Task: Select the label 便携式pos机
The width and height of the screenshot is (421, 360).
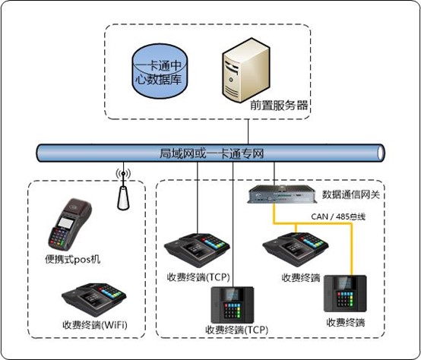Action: pos(73,260)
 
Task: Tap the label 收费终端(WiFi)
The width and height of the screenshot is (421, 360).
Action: pos(95,325)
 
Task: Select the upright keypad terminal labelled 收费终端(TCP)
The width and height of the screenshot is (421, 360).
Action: pos(233,302)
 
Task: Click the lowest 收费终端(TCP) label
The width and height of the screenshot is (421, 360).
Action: pos(236,330)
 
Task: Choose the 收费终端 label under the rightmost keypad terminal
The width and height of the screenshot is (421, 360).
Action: pos(346,322)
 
